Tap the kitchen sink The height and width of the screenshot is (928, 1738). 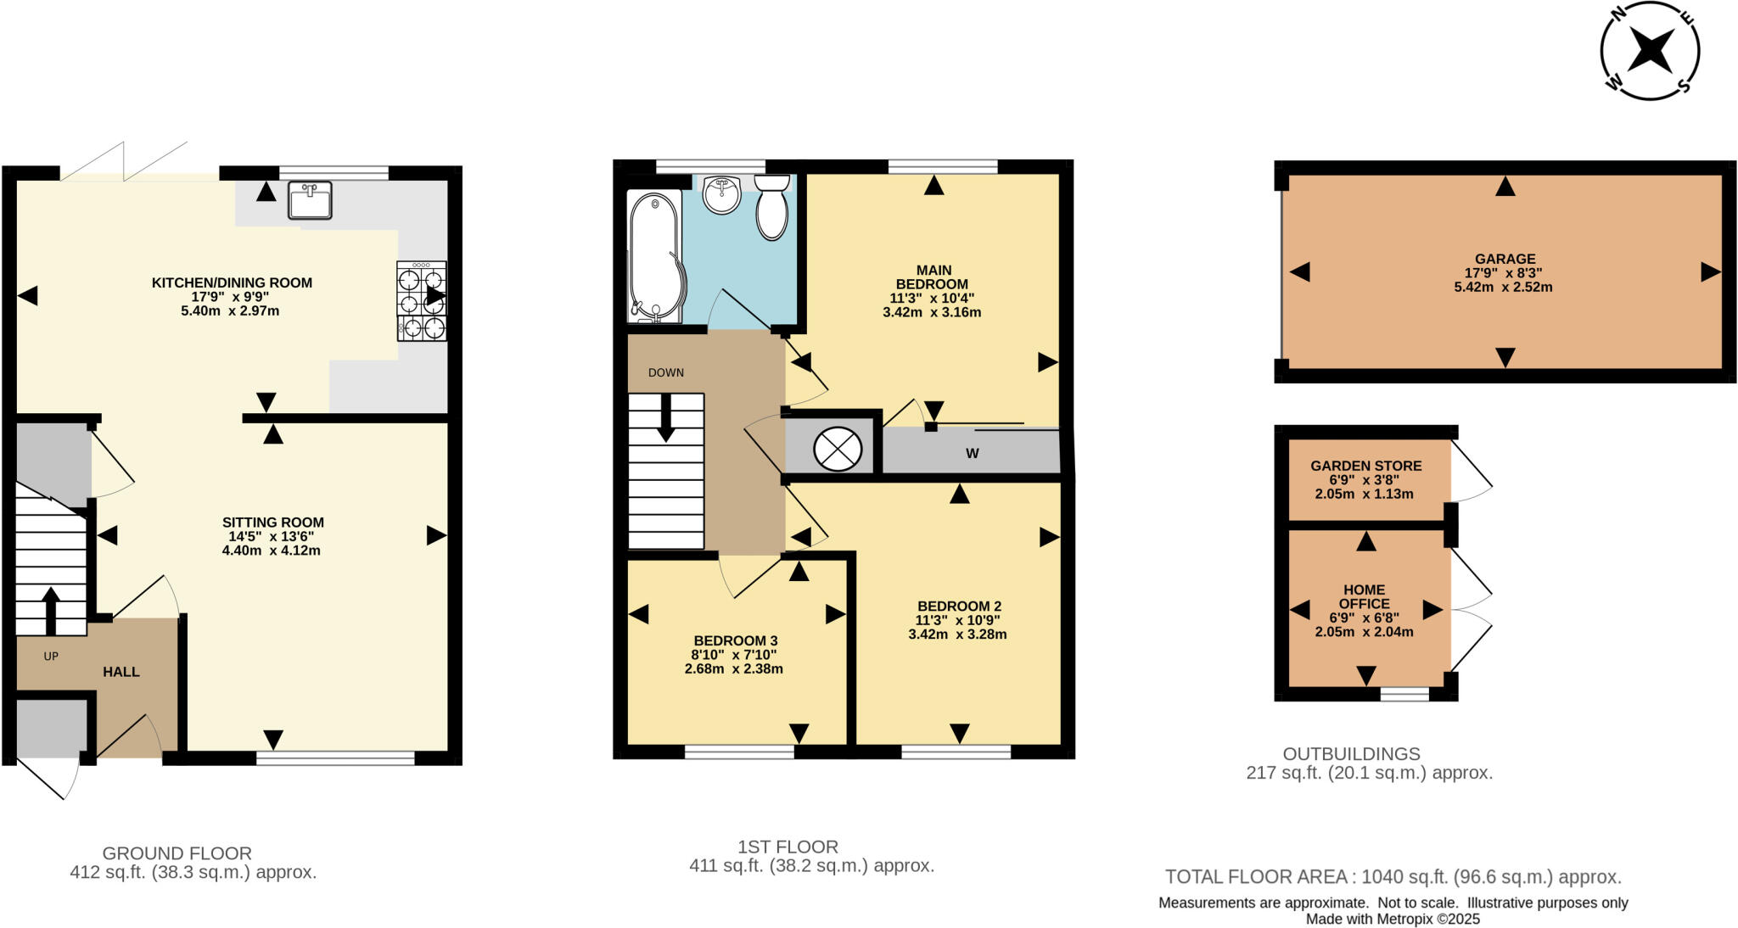309,201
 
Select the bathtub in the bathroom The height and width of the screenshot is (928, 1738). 653,256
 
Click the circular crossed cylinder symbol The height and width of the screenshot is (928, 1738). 837,450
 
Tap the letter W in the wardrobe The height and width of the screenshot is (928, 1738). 973,454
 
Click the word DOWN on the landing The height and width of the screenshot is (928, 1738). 665,372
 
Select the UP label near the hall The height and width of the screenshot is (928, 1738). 51,656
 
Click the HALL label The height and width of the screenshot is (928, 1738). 121,672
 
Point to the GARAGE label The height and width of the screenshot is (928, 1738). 1505,259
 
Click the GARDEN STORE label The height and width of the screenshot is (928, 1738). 1365,466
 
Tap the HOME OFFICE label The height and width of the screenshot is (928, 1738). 1365,596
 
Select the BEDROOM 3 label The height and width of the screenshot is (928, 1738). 735,640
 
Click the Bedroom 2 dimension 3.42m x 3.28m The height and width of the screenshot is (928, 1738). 957,635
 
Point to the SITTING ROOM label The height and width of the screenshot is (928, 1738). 272,523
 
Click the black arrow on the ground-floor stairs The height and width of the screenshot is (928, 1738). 50,610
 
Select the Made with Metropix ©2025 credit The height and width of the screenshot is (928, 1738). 1393,919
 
